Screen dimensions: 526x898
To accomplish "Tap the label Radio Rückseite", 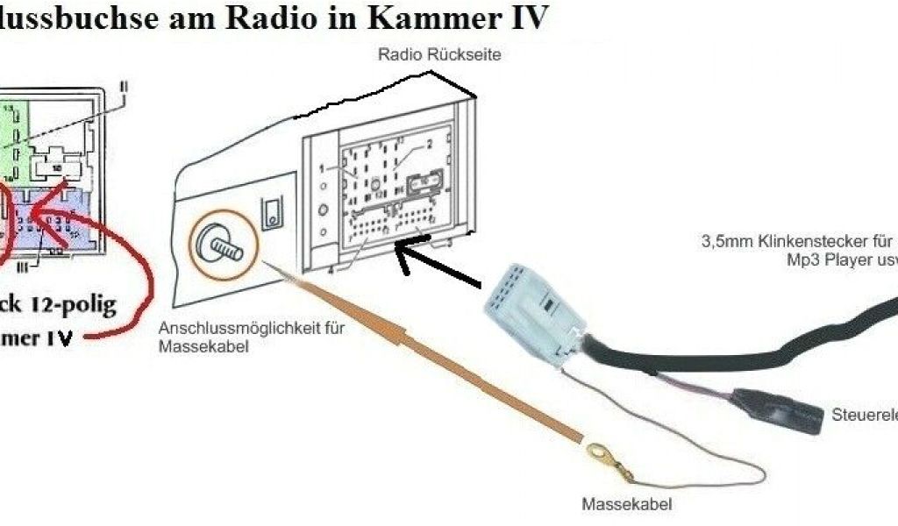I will pyautogui.click(x=439, y=54).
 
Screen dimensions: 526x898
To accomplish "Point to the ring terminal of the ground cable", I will pyautogui.click(x=600, y=455).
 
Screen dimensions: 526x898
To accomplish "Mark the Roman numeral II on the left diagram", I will pyautogui.click(x=125, y=87).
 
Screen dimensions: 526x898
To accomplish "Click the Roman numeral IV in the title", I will pyautogui.click(x=525, y=18).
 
